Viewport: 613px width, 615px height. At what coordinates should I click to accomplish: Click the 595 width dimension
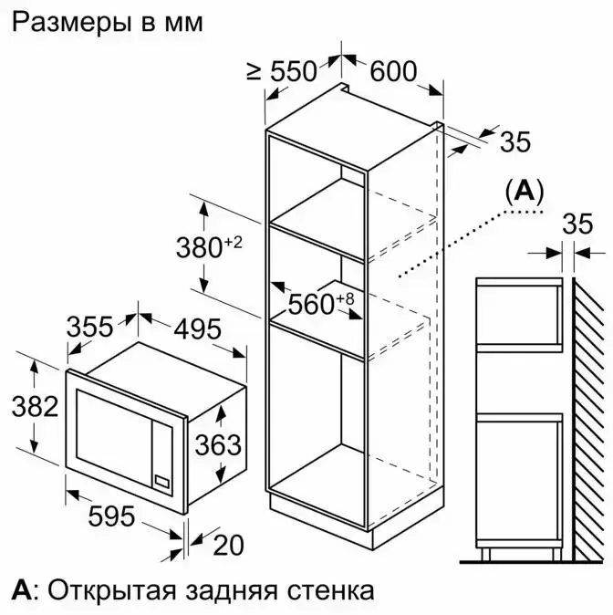[x=112, y=516]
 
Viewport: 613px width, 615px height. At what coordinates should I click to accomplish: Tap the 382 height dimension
[x=35, y=406]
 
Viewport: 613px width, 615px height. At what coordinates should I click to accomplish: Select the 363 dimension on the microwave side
[x=218, y=444]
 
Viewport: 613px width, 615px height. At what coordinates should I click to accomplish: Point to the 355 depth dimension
[x=89, y=327]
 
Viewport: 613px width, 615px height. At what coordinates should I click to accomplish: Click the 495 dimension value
[x=197, y=328]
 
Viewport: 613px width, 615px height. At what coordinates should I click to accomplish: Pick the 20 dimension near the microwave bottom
[x=228, y=545]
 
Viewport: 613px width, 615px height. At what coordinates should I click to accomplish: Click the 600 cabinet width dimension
[x=393, y=71]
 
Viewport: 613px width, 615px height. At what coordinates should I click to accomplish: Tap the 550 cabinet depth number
[x=294, y=71]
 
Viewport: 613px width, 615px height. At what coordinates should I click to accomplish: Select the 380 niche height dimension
[x=199, y=247]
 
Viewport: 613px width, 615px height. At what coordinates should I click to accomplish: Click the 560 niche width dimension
[x=311, y=304]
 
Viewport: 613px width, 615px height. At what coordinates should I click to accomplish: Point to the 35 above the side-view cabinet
[x=577, y=224]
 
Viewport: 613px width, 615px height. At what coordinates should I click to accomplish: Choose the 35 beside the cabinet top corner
[x=515, y=141]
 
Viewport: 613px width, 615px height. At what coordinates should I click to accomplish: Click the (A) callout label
[x=525, y=193]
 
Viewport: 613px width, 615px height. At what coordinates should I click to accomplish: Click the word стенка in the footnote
[x=330, y=590]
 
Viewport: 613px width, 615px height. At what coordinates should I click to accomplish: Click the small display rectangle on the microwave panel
[x=162, y=481]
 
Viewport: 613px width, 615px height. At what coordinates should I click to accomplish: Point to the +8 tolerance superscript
[x=345, y=299]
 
